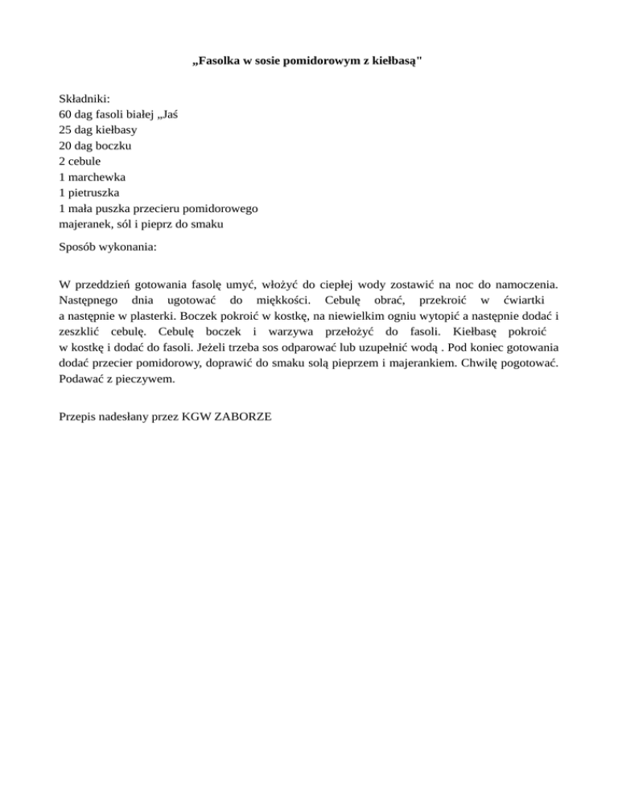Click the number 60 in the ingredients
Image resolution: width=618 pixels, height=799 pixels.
(66, 114)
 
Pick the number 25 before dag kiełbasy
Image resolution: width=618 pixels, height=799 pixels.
(66, 129)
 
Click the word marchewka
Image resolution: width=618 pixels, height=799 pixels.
(97, 176)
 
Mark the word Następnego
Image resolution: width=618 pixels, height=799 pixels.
(89, 300)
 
